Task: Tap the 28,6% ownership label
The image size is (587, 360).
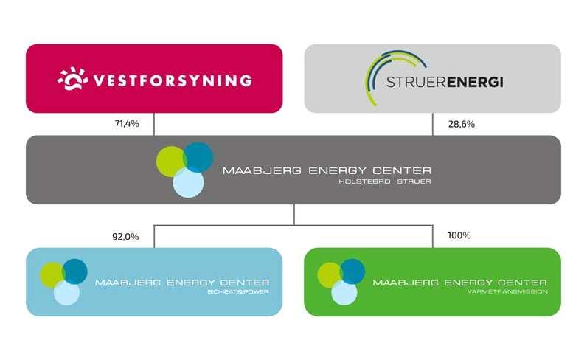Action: coord(462,124)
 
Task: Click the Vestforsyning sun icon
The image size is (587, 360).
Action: coord(72,78)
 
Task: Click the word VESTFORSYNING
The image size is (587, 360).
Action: coord(172,80)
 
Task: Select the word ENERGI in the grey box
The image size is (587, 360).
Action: coord(479,80)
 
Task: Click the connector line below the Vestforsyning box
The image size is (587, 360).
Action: coord(154,124)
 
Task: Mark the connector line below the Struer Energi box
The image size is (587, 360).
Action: coord(432,124)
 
